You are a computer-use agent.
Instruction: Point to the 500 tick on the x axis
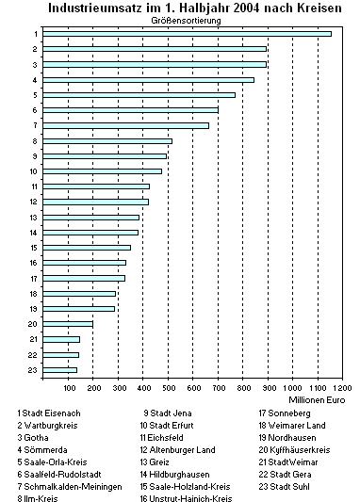168,387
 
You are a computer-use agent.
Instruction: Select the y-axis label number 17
33,278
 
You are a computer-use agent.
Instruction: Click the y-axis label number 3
34,65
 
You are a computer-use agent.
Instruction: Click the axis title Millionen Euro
319,399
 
